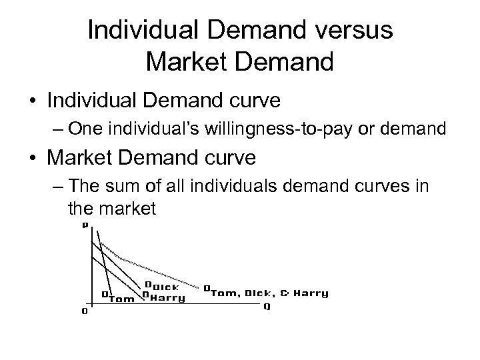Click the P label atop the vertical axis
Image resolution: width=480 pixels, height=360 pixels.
coord(85,225)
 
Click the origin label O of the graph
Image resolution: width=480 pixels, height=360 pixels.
coord(83,311)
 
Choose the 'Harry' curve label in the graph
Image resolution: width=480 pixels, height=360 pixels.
coord(167,298)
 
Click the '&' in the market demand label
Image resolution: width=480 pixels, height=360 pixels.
coord(284,293)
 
